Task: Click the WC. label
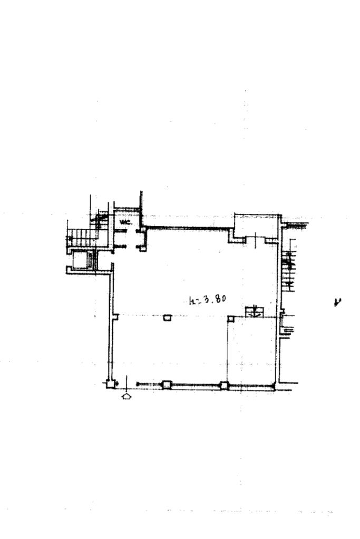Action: click(x=125, y=222)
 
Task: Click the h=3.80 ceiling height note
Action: click(x=207, y=300)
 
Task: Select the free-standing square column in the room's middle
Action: click(x=167, y=318)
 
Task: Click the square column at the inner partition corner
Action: click(x=230, y=318)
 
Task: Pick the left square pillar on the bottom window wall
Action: click(x=167, y=385)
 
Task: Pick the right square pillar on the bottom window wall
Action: click(x=224, y=385)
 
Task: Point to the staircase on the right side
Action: click(x=289, y=266)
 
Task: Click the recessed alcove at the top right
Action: click(x=256, y=226)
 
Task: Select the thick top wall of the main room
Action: click(x=187, y=228)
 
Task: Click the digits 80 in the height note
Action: click(x=221, y=299)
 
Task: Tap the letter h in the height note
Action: click(x=191, y=302)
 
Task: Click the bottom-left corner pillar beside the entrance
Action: click(x=111, y=384)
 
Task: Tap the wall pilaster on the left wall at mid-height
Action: click(x=115, y=317)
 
